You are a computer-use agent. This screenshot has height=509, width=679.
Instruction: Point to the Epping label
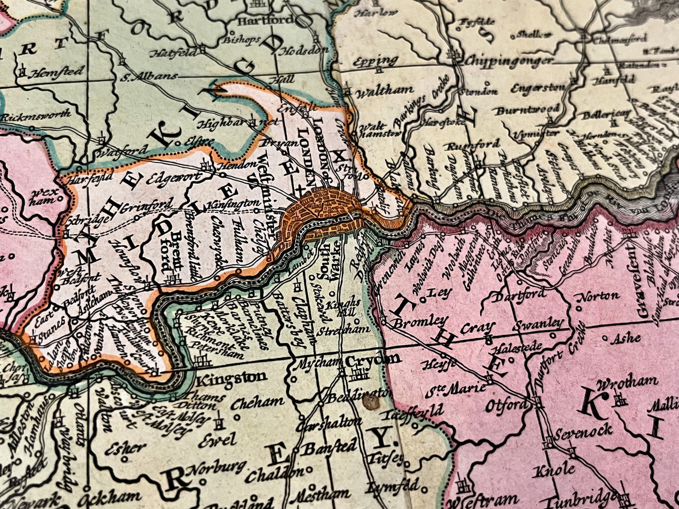[x=376, y=61]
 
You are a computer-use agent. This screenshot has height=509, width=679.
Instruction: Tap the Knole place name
[x=554, y=470]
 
